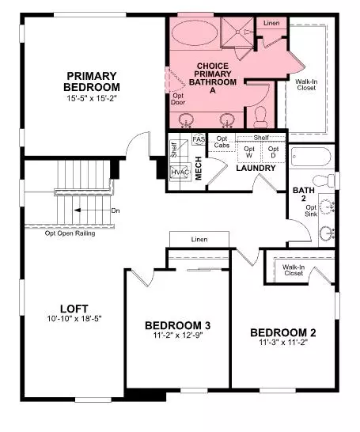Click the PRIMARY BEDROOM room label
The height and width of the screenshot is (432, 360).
coord(93,81)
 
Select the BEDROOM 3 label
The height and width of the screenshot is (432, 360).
coord(177,326)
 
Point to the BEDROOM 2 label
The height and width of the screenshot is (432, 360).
coord(283,332)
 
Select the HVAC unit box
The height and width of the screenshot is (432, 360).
coord(180,170)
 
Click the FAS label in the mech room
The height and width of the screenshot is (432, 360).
coord(199,140)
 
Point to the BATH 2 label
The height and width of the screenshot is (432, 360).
coord(302,195)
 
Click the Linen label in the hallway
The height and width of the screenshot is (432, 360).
coord(199,238)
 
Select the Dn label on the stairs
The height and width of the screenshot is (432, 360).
coord(115,210)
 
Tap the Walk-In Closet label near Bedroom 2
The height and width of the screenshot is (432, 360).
coord(295,271)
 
